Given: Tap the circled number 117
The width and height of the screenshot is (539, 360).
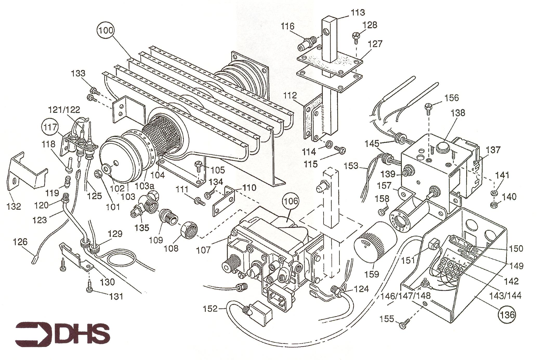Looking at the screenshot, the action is pyautogui.click(x=50, y=127).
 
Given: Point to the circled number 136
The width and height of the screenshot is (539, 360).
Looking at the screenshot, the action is pyautogui.click(x=507, y=315).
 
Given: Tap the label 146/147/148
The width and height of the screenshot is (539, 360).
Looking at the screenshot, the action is pyautogui.click(x=405, y=296).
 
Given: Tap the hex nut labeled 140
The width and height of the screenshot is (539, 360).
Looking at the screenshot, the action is pyautogui.click(x=493, y=205).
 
